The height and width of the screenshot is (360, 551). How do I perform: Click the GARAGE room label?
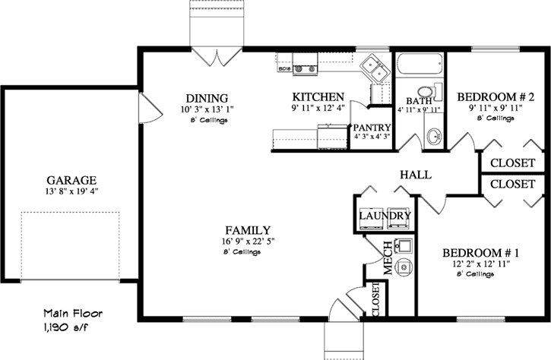point(71,180)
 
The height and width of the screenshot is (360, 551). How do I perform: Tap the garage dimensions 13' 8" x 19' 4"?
point(71,191)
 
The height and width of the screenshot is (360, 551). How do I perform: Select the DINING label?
point(207,98)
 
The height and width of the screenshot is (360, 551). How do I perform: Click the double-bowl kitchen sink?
point(375,68)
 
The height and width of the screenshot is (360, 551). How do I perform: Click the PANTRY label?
point(372,127)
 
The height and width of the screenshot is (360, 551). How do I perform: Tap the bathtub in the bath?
point(419,69)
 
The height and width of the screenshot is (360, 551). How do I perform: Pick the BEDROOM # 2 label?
point(496,97)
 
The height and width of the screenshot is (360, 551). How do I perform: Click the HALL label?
point(415,175)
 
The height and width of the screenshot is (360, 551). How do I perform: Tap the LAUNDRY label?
point(385,216)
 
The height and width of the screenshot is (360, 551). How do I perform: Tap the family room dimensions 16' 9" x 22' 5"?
point(249,242)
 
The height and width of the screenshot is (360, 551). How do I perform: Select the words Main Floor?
point(72,312)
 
